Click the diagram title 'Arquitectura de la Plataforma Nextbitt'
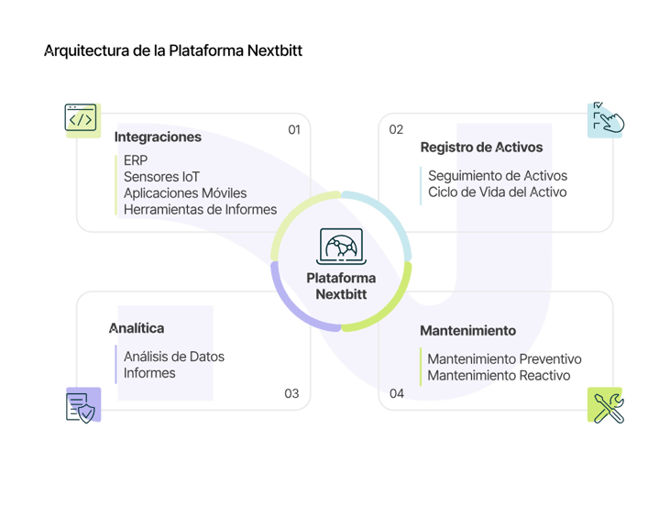[x=173, y=51]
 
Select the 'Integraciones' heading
[x=158, y=137]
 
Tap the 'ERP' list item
[x=135, y=159]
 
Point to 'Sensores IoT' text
[x=161, y=176]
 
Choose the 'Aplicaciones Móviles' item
[x=185, y=192]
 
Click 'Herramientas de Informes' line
[x=200, y=209]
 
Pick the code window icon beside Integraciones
[x=81, y=118]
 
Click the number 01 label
[x=294, y=130]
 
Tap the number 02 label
[x=396, y=130]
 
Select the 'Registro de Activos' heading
[x=481, y=148]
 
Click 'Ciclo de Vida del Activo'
[x=498, y=192]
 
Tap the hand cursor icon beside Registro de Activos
[x=605, y=119]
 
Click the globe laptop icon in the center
[x=340, y=247]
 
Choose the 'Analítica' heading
[x=137, y=328]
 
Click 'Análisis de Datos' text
[x=174, y=356]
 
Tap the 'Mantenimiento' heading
[x=467, y=331]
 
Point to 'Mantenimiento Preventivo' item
[x=504, y=359]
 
